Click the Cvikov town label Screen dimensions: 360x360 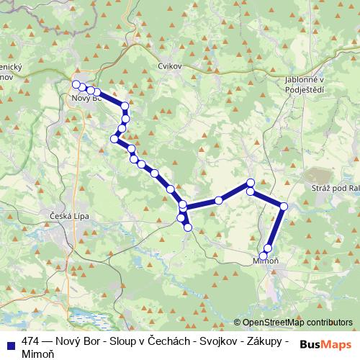[170, 66]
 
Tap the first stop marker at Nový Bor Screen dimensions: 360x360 [76, 85]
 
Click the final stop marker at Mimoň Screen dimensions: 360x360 [264, 256]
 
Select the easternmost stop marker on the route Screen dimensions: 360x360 [284, 207]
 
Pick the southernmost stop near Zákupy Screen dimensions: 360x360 [188, 228]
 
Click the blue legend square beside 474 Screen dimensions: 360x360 [9, 342]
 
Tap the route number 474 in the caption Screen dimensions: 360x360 [31, 341]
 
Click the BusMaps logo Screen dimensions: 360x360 [325, 344]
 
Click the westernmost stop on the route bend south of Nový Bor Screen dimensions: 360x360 [114, 138]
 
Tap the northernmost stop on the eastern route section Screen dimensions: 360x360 [251, 182]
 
